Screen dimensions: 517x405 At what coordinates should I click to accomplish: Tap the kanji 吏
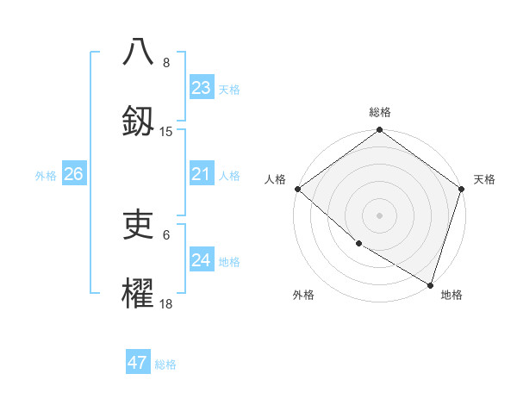pyautogui.click(x=138, y=225)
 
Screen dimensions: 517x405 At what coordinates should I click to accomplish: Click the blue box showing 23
pyautogui.click(x=202, y=88)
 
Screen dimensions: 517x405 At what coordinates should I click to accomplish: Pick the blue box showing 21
pyautogui.click(x=202, y=175)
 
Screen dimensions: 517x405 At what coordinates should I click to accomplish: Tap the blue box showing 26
pyautogui.click(x=73, y=175)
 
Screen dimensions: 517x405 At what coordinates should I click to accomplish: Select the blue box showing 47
pyautogui.click(x=138, y=363)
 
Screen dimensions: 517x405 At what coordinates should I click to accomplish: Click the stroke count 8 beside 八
pyautogui.click(x=166, y=63)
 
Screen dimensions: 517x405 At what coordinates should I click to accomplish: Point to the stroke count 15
pyautogui.click(x=166, y=132)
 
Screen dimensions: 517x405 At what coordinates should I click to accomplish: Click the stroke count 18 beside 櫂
pyautogui.click(x=166, y=304)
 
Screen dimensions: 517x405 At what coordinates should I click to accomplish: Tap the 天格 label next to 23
pyautogui.click(x=229, y=89)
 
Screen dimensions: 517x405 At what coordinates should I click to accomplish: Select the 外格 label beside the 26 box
pyautogui.click(x=46, y=176)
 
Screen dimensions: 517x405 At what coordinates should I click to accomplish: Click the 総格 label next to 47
pyautogui.click(x=165, y=364)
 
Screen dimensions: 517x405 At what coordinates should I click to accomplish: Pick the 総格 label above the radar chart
pyautogui.click(x=380, y=112)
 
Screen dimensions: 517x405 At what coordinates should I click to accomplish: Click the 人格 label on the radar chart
pyautogui.click(x=275, y=179)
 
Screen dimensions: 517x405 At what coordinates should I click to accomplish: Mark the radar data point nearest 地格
pyautogui.click(x=430, y=284)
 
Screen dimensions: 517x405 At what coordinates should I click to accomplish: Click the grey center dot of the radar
pyautogui.click(x=380, y=215)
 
